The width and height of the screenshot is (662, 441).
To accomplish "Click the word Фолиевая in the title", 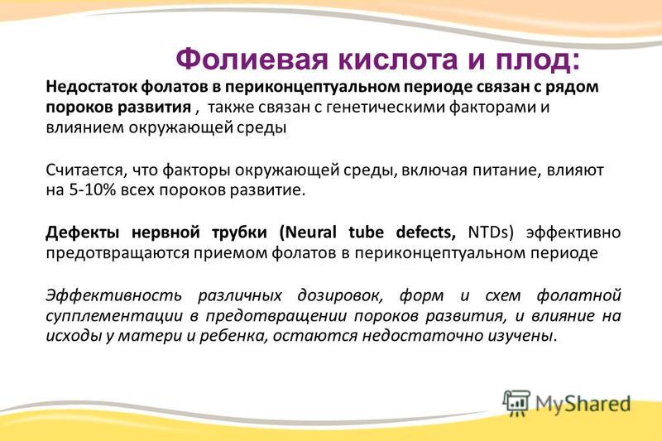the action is tap(252, 60).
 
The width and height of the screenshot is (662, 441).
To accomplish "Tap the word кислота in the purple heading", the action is tap(398, 60).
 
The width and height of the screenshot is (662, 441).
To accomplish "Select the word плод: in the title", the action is tap(538, 60).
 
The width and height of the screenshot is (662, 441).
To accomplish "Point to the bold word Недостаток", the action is tap(91, 87).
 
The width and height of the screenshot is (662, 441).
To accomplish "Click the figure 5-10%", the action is tap(93, 190).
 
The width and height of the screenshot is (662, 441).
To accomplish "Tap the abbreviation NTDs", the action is tap(488, 232).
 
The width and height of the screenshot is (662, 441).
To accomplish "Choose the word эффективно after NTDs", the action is tap(573, 232).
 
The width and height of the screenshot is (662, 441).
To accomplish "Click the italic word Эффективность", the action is tap(114, 295).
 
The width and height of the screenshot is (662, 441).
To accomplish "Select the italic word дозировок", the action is tap(340, 295).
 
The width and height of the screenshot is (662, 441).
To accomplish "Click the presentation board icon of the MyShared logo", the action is tap(516, 404).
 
